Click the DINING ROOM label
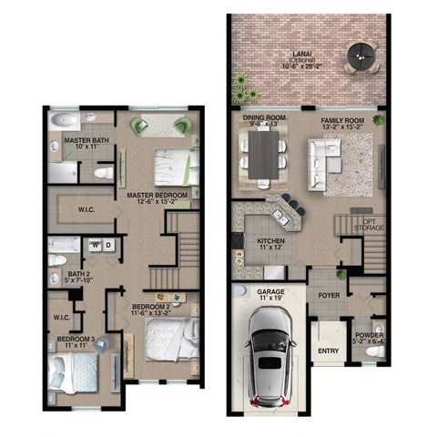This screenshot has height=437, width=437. point(265,118)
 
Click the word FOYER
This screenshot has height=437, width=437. point(329,296)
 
